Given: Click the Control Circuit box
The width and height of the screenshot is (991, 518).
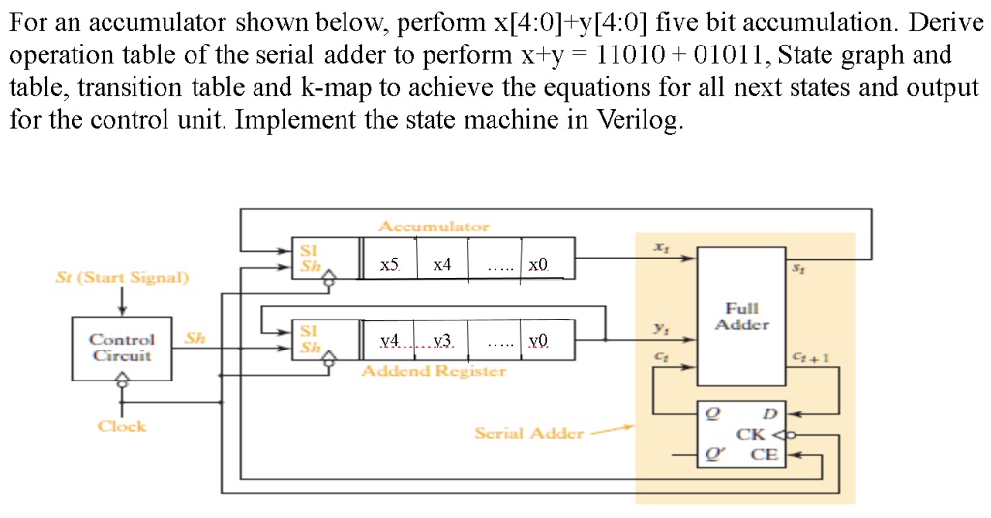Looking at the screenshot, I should [x=122, y=347].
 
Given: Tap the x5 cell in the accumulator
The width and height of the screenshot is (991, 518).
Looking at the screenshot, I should [x=389, y=264].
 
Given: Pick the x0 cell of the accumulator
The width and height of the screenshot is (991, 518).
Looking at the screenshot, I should [x=538, y=264].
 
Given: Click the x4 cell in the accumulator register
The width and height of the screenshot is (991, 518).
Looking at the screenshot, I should [x=442, y=264].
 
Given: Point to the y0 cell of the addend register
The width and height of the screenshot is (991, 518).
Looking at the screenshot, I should [x=538, y=340].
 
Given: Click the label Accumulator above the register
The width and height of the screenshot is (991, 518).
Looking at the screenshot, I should [x=434, y=226].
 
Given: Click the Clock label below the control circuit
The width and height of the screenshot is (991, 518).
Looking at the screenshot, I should [x=122, y=426].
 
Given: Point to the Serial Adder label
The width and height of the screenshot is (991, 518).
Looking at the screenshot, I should [x=528, y=433].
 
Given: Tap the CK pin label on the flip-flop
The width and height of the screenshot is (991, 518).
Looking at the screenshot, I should [x=751, y=434].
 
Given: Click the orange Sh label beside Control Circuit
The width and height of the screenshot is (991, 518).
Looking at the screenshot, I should [x=195, y=338].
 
